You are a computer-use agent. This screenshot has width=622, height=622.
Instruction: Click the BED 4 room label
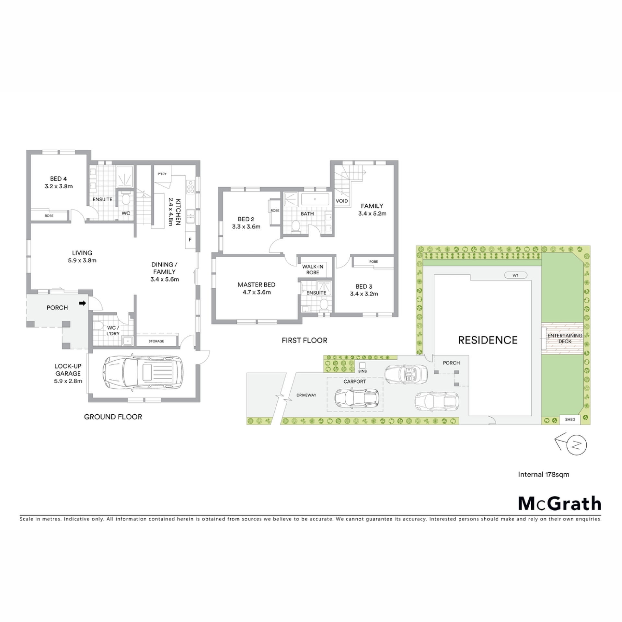coord(58,179)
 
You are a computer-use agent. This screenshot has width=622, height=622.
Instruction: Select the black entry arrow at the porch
coord(83,303)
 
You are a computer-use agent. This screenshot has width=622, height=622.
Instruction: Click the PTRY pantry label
coord(162,174)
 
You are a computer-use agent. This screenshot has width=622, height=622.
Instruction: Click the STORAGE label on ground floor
coord(156,341)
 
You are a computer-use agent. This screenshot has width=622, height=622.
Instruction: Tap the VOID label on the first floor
coord(342,201)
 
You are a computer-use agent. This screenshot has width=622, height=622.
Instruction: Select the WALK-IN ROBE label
coord(313,270)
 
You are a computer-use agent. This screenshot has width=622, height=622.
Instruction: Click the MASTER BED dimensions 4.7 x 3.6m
coord(257,292)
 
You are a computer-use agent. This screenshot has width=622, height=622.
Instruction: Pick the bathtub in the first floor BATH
coord(315,199)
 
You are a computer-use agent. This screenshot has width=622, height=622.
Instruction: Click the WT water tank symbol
coord(516,275)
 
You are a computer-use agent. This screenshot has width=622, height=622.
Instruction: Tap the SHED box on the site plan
coord(570,420)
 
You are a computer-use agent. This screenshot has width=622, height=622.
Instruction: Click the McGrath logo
coord(560,503)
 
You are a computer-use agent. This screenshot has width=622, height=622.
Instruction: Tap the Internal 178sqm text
coord(544,475)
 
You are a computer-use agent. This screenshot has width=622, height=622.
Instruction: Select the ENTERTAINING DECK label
coord(565,339)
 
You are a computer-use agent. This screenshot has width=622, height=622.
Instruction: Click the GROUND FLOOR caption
coord(113,417)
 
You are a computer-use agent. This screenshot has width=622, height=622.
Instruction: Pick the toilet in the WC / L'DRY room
coord(98,325)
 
